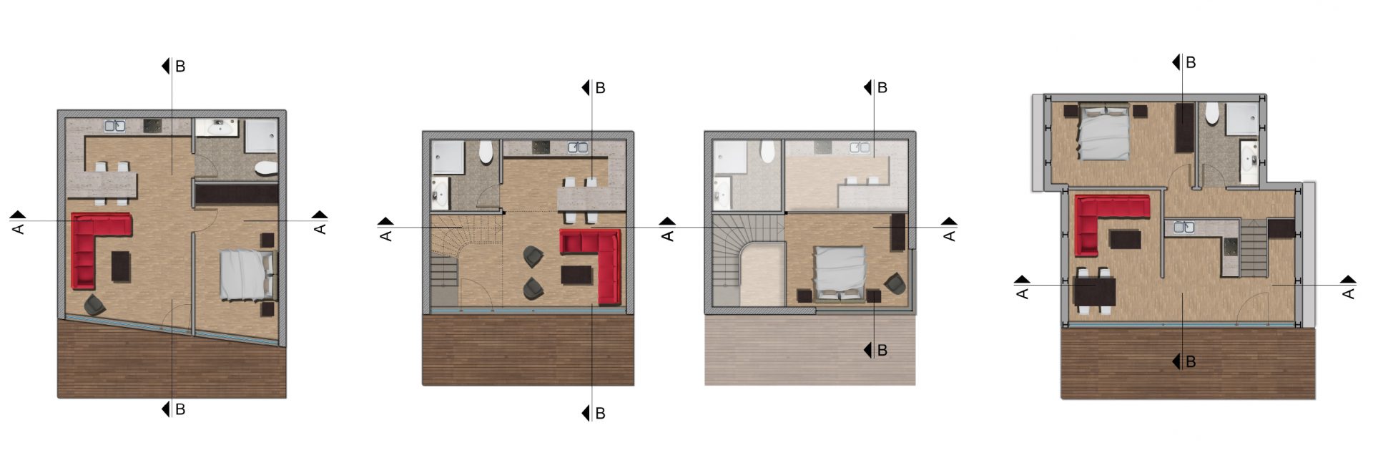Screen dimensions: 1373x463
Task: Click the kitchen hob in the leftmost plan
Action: (x=154, y=127)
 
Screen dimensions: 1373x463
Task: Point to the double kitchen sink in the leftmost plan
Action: (x=115, y=126)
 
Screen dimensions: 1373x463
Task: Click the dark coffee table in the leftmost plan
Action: (x=122, y=266)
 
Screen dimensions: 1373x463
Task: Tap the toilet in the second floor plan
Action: (x=486, y=152)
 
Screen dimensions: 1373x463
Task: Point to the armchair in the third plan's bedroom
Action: (x=895, y=283)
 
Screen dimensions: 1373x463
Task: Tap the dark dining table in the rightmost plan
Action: (x=1095, y=291)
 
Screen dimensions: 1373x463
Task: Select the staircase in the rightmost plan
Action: (x=1252, y=250)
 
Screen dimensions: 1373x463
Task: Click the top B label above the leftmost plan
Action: (x=180, y=66)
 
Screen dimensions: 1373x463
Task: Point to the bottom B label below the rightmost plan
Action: (x=1191, y=361)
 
